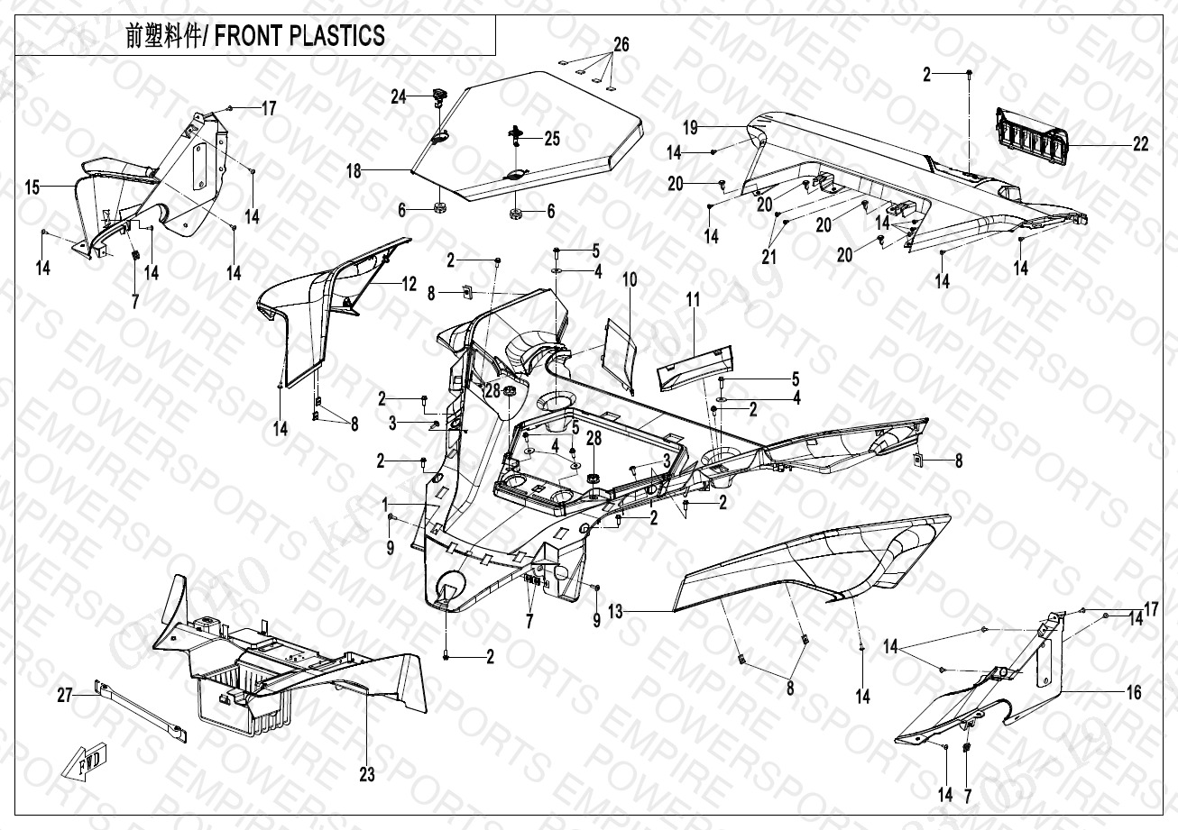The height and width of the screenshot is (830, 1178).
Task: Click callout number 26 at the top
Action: click(x=621, y=44)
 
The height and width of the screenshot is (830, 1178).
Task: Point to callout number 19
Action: click(x=690, y=128)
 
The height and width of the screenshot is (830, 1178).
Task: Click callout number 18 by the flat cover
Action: click(x=356, y=170)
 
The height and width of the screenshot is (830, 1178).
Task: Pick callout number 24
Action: click(x=399, y=96)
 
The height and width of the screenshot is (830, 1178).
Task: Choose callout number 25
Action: click(x=551, y=139)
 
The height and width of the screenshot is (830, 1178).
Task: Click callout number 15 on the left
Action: click(x=32, y=187)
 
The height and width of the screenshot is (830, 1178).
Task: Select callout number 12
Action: click(x=409, y=285)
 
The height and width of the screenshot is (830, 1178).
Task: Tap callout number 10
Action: click(x=629, y=280)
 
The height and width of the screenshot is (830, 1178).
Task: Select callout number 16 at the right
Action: click(x=1134, y=692)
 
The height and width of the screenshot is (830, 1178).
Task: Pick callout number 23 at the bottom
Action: click(x=366, y=773)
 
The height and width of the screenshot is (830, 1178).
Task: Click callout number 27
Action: click(x=64, y=695)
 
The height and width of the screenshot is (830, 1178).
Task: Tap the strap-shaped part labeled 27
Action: click(x=144, y=712)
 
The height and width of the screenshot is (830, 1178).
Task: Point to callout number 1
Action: click(x=385, y=502)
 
